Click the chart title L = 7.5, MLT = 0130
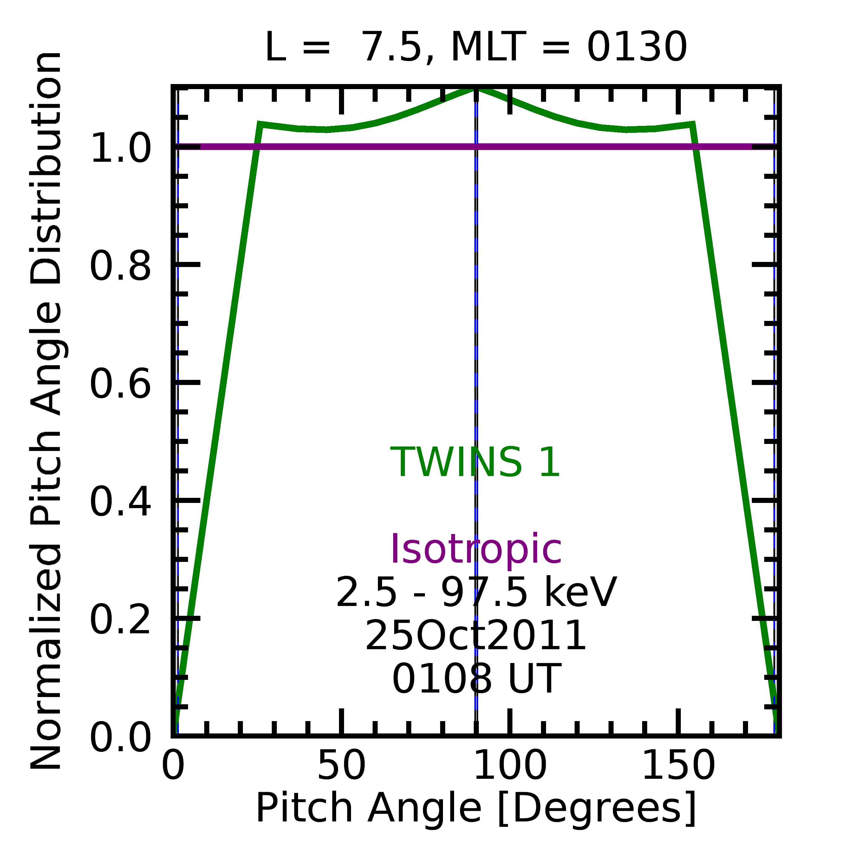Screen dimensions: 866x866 476,48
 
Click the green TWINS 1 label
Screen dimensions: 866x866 476,463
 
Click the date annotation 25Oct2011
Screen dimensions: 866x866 476,636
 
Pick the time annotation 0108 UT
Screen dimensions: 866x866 476,679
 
